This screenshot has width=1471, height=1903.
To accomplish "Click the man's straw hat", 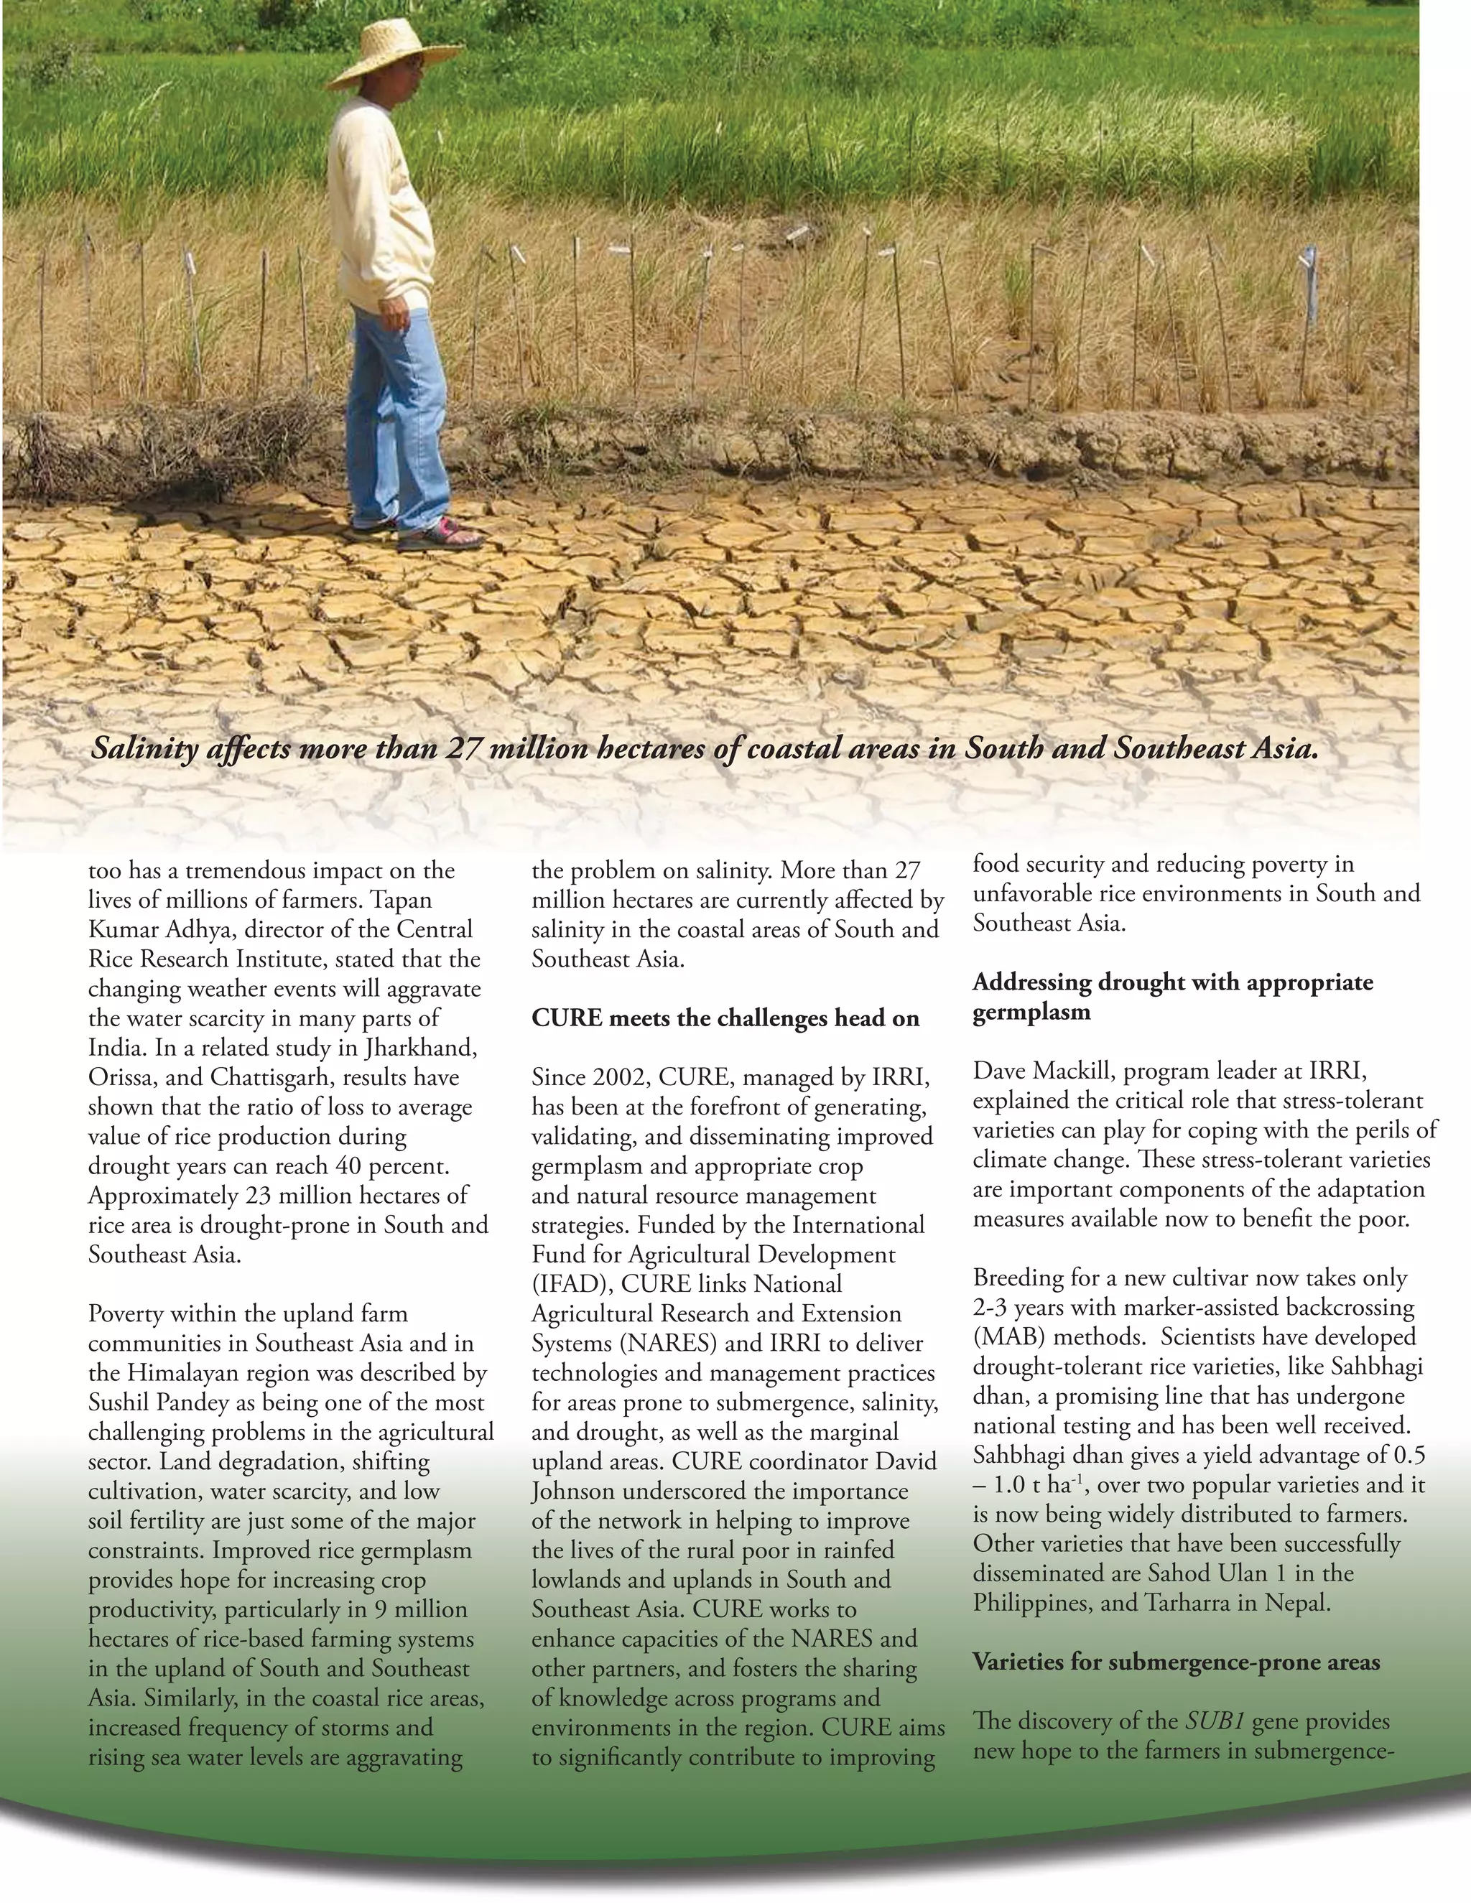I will pos(393,55).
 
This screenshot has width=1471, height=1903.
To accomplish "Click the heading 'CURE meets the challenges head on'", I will pos(725,1018).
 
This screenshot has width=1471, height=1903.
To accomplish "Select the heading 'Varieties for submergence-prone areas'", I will pos(1176,1662).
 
